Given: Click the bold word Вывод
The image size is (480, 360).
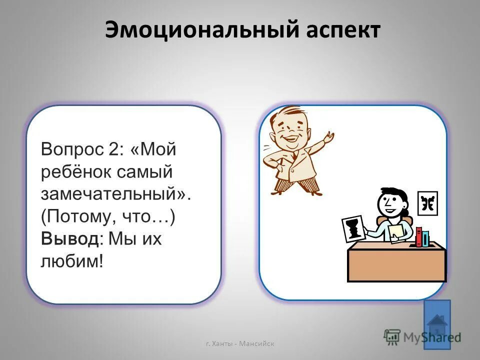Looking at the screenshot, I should tap(70, 239).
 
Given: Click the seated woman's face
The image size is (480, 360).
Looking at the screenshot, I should tap(390, 202).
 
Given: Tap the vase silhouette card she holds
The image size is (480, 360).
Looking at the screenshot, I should tap(353, 229).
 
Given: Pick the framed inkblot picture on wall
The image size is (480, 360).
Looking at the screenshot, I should tap(427, 203).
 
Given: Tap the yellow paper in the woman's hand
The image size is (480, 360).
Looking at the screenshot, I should tap(396, 231).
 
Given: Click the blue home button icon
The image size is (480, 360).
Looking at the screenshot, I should tap(437, 324).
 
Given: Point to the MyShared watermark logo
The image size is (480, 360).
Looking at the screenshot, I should tap(423, 336).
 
